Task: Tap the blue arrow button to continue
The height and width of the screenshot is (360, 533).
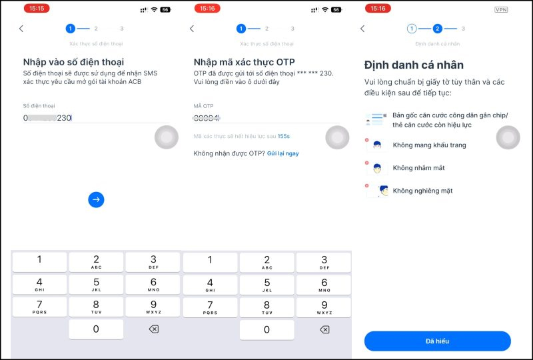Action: point(96,199)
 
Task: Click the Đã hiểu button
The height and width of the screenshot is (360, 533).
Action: point(437,341)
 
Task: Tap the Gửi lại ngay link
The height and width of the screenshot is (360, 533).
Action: point(283,153)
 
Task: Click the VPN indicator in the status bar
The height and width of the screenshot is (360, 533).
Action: point(501,10)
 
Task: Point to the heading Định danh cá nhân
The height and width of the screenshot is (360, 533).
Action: point(414,65)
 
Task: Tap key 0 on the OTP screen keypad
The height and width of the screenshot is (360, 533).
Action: point(266,329)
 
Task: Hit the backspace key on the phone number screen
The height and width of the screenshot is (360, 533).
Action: point(153,329)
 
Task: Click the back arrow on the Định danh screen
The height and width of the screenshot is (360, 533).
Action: point(362,29)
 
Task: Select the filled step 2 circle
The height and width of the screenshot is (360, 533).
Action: point(437,29)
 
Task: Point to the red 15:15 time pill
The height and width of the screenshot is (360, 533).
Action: point(36,9)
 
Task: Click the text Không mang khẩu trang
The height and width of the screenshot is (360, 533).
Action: point(429,145)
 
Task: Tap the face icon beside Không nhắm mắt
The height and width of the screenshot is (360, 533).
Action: point(376,168)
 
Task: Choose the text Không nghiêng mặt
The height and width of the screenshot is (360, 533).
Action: point(422,191)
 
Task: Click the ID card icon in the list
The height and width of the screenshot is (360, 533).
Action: point(374,120)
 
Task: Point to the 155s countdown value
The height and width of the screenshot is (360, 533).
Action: point(283,136)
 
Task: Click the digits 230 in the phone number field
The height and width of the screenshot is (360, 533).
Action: point(64,118)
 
